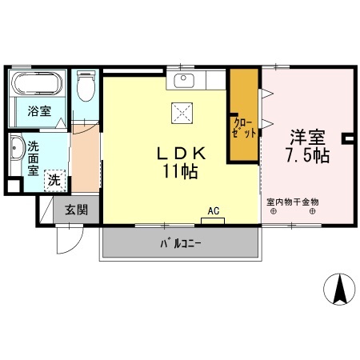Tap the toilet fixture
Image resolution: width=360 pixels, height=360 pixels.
coord(86,88)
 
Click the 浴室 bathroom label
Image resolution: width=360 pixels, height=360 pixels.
coord(38,112)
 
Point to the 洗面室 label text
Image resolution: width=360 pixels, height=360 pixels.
coord(34,158)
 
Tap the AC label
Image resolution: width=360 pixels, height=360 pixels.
coord(213,211)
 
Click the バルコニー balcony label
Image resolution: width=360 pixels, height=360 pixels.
coord(181,242)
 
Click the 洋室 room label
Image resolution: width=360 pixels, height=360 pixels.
coord(306,136)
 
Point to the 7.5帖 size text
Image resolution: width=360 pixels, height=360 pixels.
coord(306,156)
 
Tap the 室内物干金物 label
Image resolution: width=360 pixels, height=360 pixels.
coord(293,202)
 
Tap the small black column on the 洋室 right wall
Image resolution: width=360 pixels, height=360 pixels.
coord(348,138)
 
